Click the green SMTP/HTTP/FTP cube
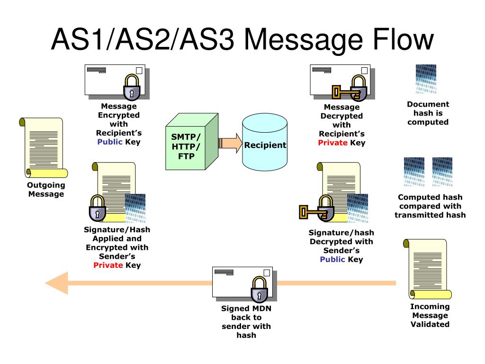(x=192, y=141)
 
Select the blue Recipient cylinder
(x=265, y=142)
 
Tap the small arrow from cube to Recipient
(x=230, y=143)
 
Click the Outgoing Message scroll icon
(x=44, y=148)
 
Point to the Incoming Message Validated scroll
(x=428, y=269)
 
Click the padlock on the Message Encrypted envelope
(x=132, y=87)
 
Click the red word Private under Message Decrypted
(x=333, y=143)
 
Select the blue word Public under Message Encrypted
(x=110, y=142)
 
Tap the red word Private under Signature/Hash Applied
(x=108, y=265)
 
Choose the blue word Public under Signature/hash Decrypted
(x=332, y=259)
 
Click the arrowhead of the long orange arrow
(x=57, y=283)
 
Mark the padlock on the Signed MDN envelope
(x=259, y=290)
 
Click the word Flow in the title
(x=404, y=39)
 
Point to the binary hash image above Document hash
(x=426, y=79)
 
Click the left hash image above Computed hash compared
(x=414, y=172)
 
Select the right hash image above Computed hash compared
(x=442, y=172)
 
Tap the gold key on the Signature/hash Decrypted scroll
(x=312, y=212)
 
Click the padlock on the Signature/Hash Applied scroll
(x=98, y=208)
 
